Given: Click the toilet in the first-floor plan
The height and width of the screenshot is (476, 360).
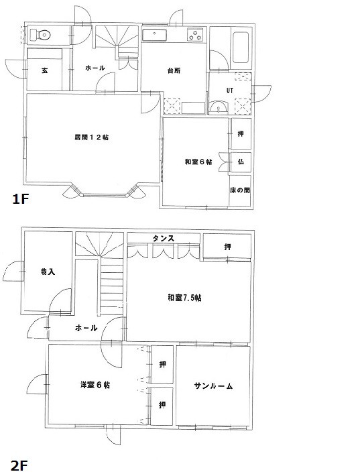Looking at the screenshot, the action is (40, 35).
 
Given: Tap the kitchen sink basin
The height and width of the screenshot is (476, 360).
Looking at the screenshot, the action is (154, 36).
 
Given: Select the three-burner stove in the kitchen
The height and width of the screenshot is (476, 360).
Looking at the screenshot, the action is (195, 34).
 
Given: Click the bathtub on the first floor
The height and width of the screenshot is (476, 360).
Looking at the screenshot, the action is (241, 47).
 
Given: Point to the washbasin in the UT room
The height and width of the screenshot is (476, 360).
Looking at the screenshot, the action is (218, 107).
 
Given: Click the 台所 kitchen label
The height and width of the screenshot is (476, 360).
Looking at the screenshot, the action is (174, 71).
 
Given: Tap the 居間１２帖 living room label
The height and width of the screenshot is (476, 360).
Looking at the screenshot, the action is (92, 137).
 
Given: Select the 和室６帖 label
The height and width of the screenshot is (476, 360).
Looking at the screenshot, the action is (198, 162).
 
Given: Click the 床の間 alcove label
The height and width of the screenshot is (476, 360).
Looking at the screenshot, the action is (240, 190).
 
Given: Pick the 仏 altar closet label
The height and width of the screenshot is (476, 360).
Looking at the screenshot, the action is (241, 162).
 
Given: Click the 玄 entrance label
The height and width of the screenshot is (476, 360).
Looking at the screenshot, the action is (45, 71).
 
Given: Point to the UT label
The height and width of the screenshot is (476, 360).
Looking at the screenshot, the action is (230, 91).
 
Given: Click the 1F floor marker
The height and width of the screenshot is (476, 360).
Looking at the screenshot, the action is (20, 199).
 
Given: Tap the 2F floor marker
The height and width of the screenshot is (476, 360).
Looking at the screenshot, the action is (19, 465).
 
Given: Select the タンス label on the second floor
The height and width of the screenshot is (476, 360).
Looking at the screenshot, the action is (164, 238).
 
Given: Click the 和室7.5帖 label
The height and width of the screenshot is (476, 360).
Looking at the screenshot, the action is (184, 298).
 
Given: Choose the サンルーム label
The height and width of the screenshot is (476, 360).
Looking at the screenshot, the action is (213, 386).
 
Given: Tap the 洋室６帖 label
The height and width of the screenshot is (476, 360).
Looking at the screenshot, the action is (95, 385).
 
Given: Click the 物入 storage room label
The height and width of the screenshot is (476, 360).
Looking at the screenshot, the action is (48, 272).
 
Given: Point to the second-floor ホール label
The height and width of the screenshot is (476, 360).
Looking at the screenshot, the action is (86, 328).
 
